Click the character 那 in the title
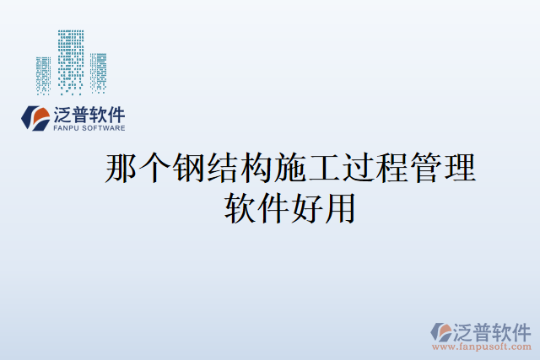point(120,169)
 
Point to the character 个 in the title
point(153,169)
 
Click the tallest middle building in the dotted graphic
point(72,62)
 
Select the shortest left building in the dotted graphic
point(43,74)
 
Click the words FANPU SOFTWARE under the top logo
point(89,129)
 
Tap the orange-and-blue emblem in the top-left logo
point(36,119)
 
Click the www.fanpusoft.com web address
point(482,347)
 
